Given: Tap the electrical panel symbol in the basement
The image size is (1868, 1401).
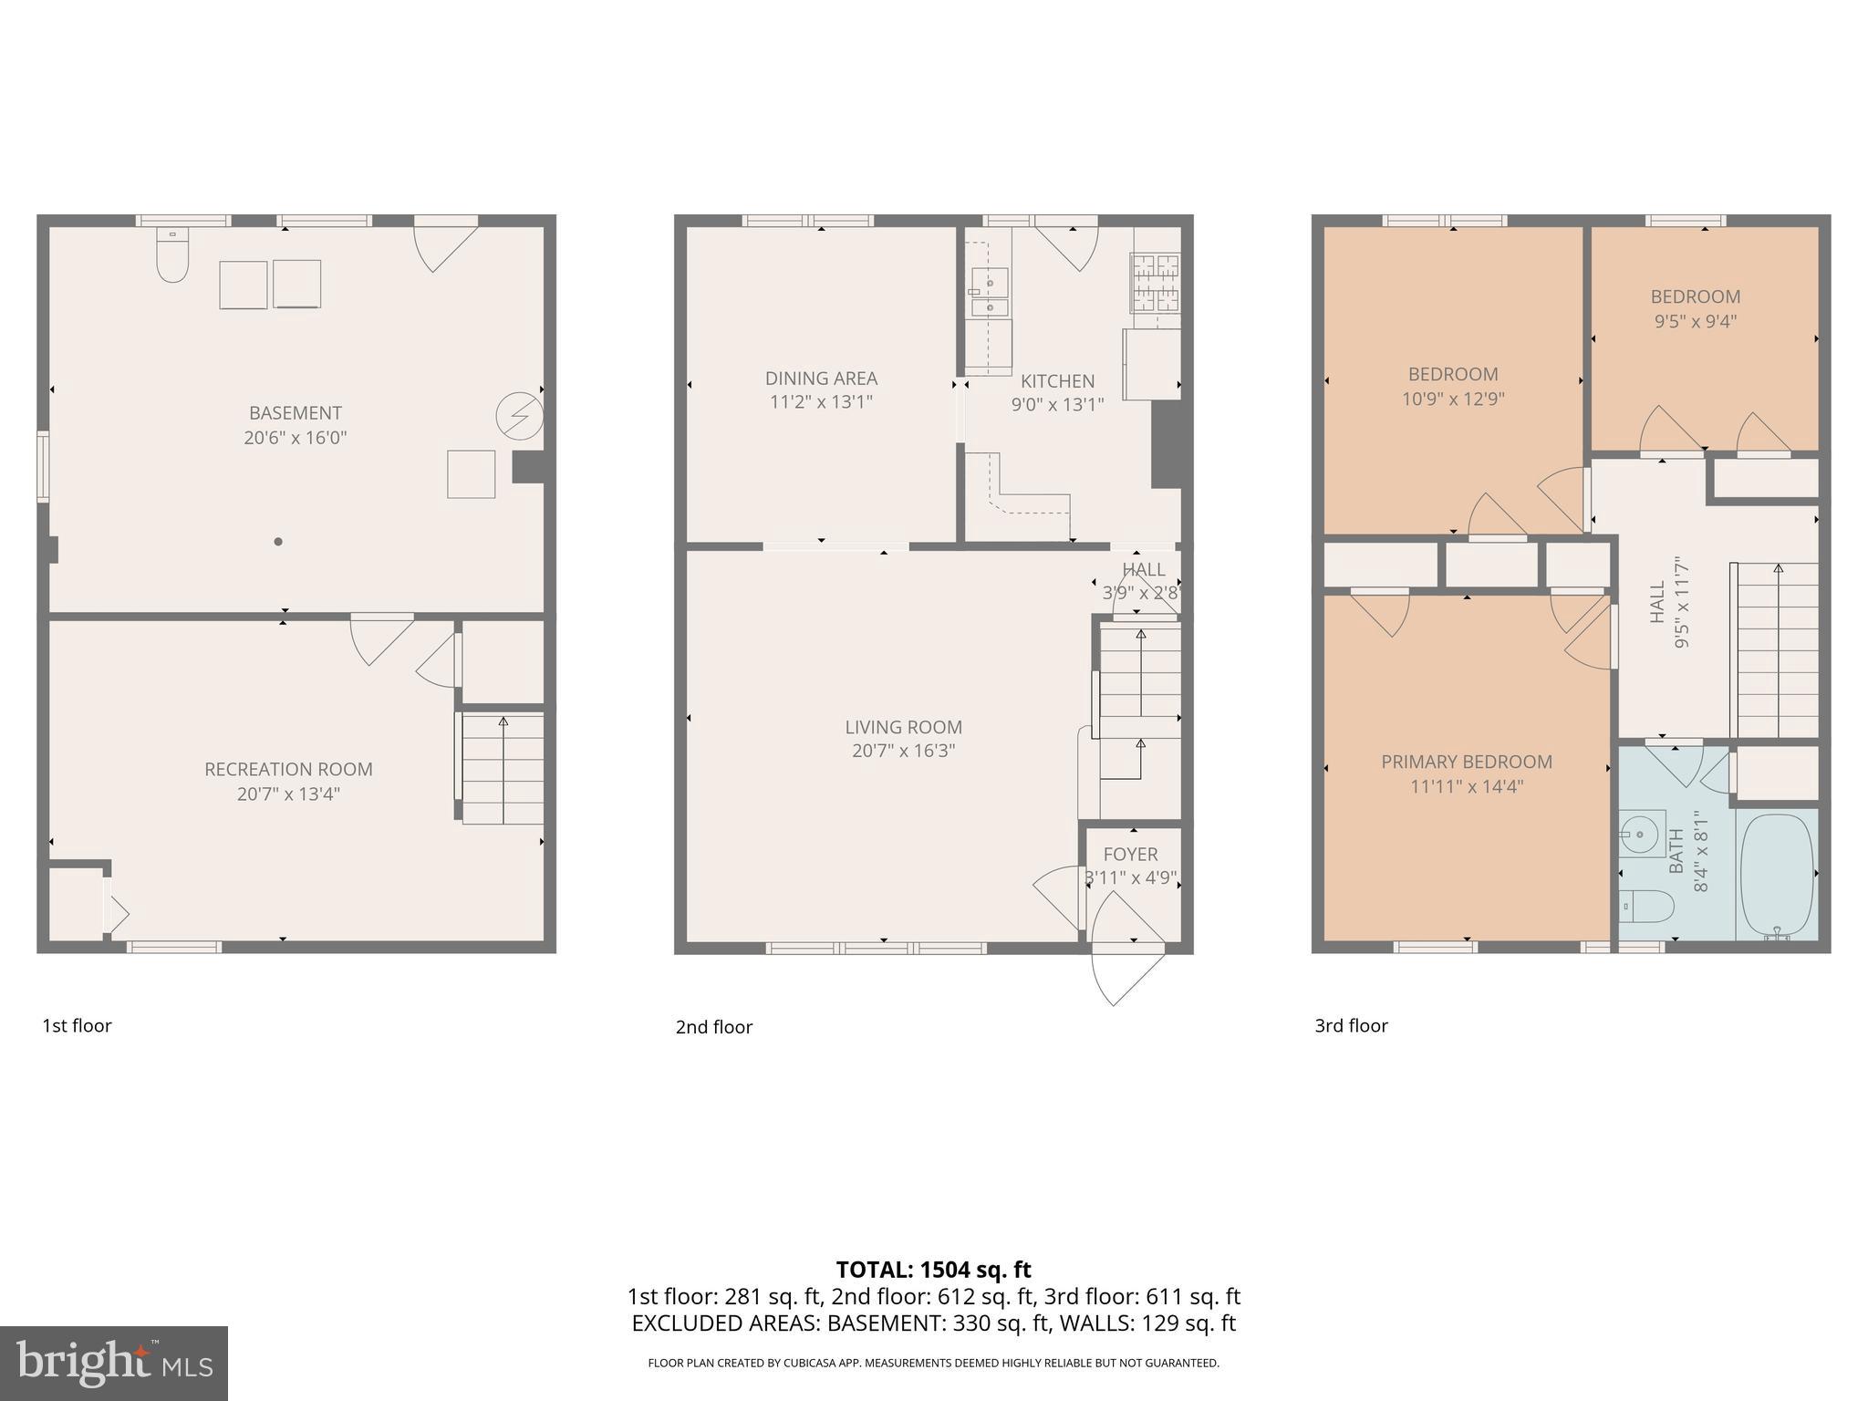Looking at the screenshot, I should (519, 417).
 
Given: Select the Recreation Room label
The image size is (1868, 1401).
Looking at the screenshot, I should (288, 769).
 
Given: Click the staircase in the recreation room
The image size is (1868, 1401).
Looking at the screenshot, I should (503, 769).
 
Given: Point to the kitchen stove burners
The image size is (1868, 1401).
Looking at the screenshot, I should (1156, 283).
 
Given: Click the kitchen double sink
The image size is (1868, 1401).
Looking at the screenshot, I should (990, 292).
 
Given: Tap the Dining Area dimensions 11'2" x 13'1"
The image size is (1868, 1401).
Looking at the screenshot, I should (821, 402).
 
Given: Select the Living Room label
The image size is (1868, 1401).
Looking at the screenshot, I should (903, 727).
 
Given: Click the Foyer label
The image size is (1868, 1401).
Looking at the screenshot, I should (1130, 854).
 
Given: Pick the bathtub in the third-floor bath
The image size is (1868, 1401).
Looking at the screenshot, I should (1777, 874).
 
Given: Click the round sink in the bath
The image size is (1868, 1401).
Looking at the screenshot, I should (1642, 833).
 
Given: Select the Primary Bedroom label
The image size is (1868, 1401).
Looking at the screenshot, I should (1466, 762).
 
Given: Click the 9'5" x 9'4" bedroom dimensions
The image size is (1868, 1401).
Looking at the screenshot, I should (1695, 321).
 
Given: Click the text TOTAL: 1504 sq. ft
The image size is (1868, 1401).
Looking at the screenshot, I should (933, 1270).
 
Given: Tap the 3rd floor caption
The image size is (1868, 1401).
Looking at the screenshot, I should (1351, 1025).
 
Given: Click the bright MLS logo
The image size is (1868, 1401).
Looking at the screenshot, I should (114, 1363).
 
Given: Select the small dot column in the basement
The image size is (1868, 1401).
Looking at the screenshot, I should (278, 542).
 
